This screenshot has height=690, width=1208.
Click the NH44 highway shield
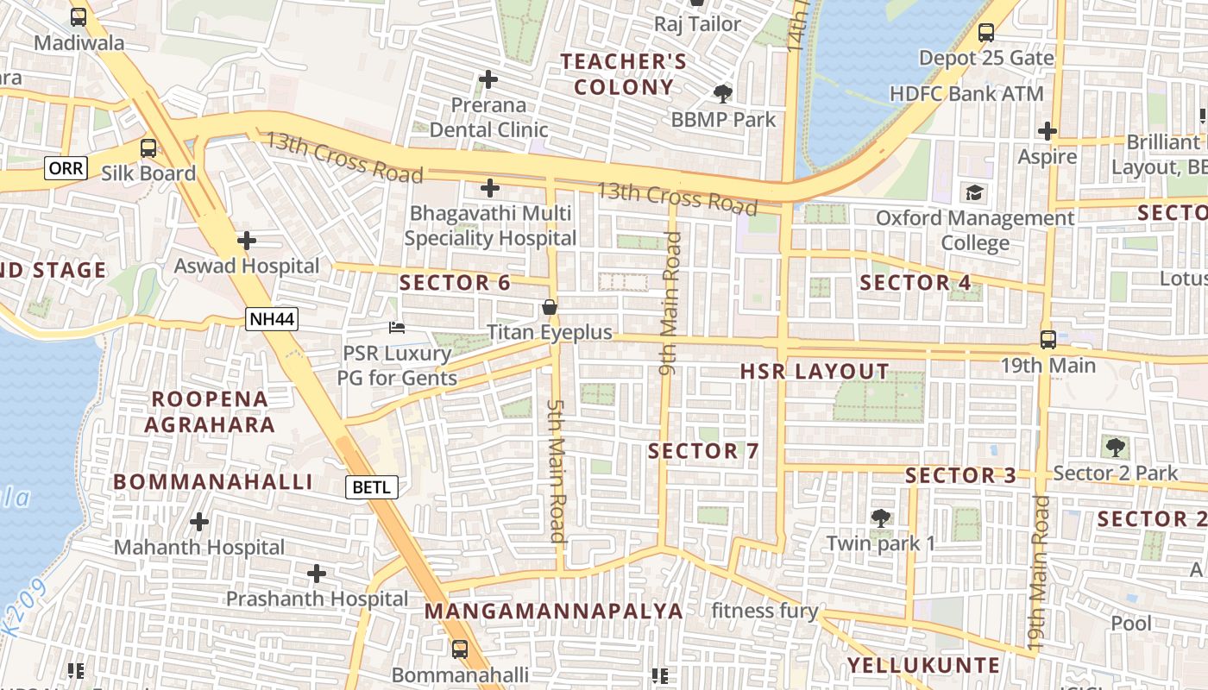coord(272,319)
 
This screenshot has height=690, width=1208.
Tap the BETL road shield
coord(373,486)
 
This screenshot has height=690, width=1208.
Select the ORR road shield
coord(66,167)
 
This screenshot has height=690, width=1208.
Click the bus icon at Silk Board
coord(149,147)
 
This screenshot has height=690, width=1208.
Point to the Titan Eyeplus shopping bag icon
coord(549,307)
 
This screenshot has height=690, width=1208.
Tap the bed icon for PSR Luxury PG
coord(397,328)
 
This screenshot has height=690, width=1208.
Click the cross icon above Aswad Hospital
coord(247,241)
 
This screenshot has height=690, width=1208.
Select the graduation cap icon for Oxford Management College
coord(975,192)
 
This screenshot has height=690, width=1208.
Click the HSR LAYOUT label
coord(815,372)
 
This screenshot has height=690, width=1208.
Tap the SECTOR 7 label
coord(703,451)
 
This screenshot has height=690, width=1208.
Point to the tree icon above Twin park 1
coord(881,517)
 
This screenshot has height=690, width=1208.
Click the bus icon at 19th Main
coord(1048,340)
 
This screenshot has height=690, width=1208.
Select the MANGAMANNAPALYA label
coord(554,612)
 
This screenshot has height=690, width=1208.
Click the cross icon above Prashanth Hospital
coord(317,573)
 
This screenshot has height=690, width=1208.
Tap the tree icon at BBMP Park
coord(723,93)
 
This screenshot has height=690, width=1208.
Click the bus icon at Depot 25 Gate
coord(986,34)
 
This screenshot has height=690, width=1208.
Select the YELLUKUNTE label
coord(923,665)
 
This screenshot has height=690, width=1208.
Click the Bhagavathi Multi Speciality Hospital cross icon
coord(490,187)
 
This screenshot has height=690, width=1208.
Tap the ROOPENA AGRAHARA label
coord(210,411)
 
